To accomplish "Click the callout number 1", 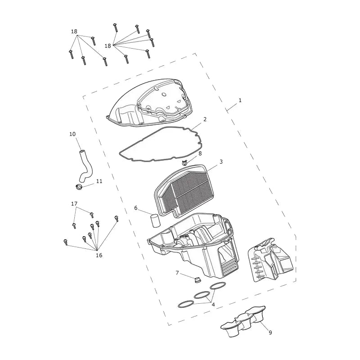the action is click(x=240, y=100).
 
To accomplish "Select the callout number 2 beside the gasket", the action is click(x=205, y=119).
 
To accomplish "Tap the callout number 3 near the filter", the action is click(x=221, y=162).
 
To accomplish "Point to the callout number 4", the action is click(x=213, y=305).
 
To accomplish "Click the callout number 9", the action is click(x=270, y=332).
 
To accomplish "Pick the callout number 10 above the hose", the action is click(x=72, y=134).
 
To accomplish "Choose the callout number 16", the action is click(x=99, y=255).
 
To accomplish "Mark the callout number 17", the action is click(x=74, y=204).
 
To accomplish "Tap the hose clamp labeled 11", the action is click(x=79, y=187).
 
